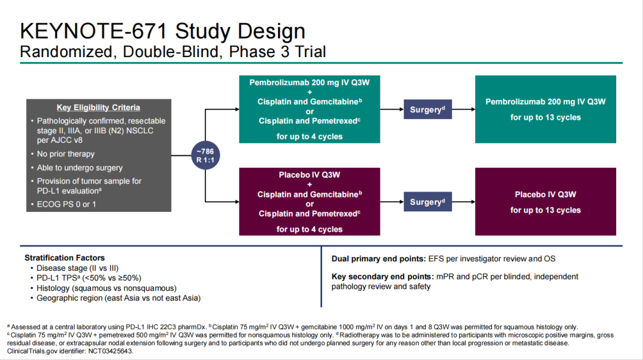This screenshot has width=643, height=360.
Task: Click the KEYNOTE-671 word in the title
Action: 94,31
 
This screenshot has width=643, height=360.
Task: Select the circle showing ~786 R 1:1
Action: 205,155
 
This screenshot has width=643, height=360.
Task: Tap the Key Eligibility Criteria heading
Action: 98,108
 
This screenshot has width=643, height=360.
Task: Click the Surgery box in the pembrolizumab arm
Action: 427,109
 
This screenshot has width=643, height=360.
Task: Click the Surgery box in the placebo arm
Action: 427,202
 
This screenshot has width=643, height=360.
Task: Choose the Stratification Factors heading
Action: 64,258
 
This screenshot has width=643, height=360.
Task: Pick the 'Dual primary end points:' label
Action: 379,259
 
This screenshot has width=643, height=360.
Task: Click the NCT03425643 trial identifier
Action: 111,352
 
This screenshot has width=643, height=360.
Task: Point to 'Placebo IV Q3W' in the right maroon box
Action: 545,195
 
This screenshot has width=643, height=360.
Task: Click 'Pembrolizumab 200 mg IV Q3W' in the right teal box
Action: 545,102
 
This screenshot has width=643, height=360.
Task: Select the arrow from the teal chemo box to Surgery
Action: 392,109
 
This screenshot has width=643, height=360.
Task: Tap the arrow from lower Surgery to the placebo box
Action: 463,202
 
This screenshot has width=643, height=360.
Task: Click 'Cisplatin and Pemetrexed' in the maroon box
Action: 309,214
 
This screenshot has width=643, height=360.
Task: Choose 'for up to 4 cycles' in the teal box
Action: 309,136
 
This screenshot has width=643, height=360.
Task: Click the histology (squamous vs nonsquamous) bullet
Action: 107,288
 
